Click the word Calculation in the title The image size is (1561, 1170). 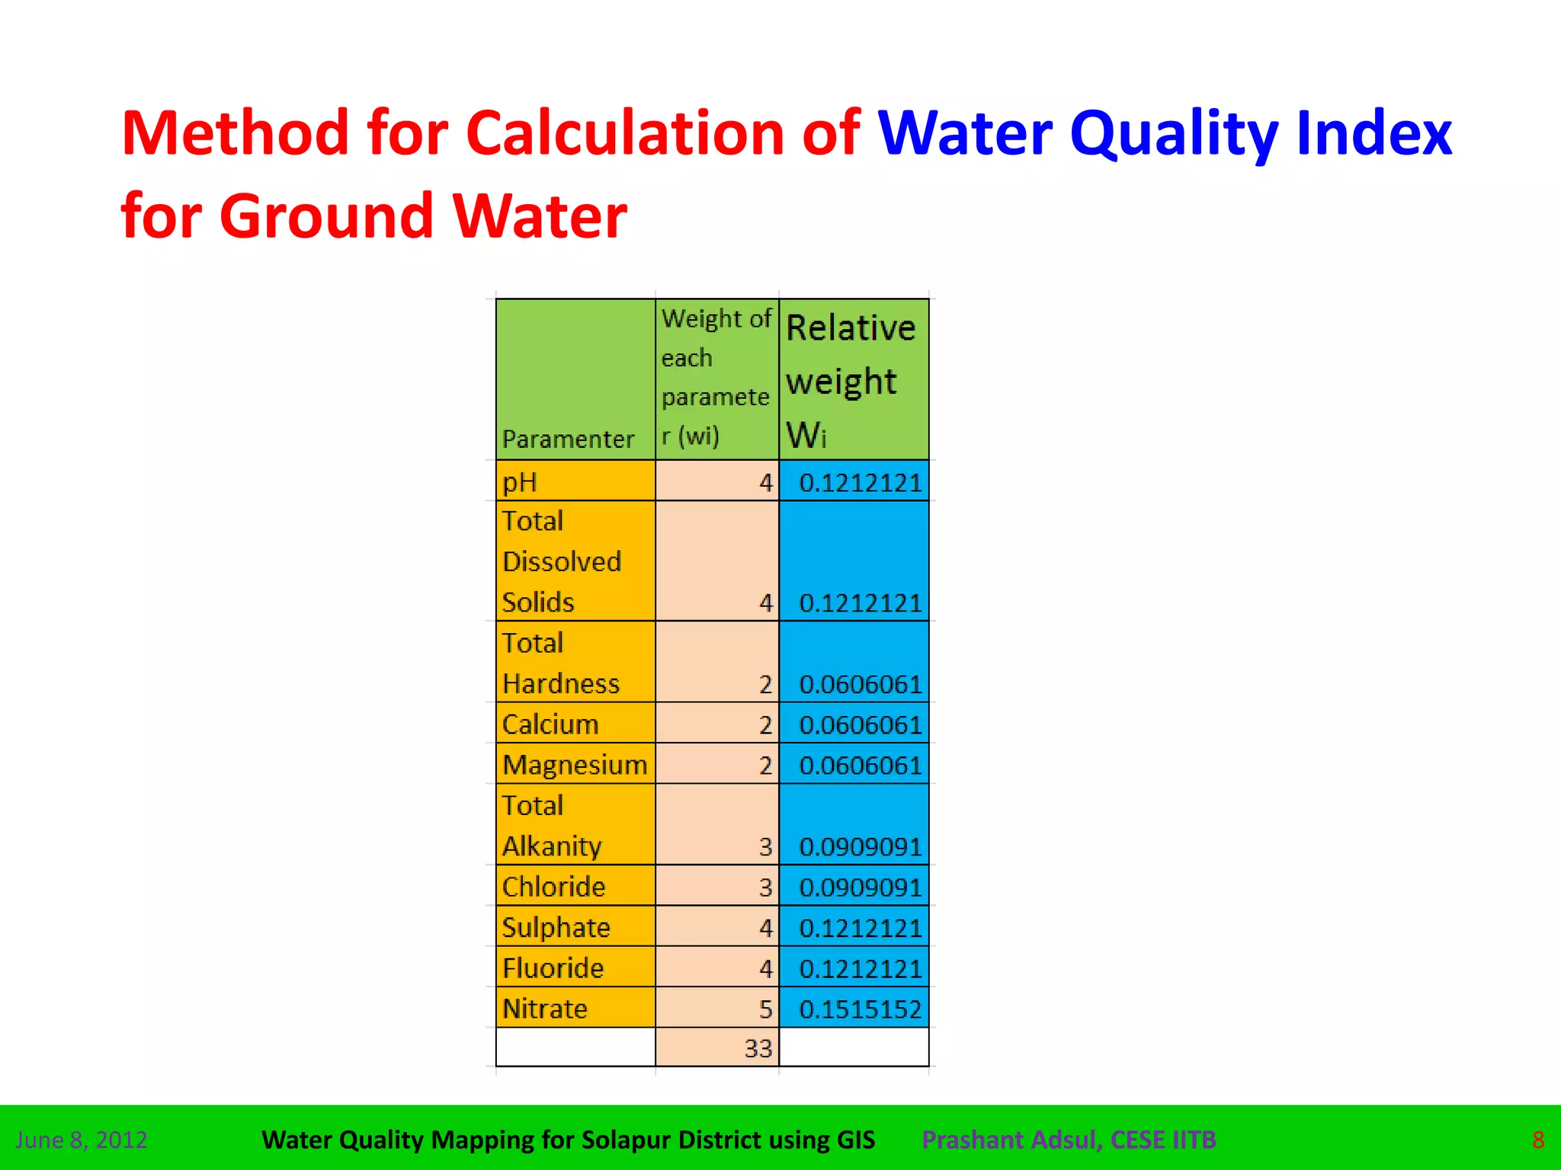click(625, 133)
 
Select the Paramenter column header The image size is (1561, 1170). click(568, 439)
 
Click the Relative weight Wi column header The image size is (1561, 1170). click(851, 379)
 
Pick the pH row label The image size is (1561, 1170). click(520, 482)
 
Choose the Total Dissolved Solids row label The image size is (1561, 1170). click(562, 561)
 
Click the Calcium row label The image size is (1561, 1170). click(550, 724)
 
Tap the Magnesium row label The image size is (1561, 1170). click(575, 764)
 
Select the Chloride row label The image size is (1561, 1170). click(553, 887)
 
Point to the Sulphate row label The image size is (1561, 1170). click(556, 927)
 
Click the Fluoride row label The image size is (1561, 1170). click(553, 967)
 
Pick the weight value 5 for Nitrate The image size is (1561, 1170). click(765, 1009)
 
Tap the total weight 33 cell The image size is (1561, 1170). click(758, 1048)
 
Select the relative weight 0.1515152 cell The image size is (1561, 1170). click(860, 1009)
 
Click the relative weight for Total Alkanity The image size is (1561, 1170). click(860, 846)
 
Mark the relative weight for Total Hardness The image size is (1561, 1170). click(860, 684)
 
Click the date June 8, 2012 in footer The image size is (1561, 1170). click(82, 1140)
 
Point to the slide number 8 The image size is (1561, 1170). click(1538, 1140)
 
